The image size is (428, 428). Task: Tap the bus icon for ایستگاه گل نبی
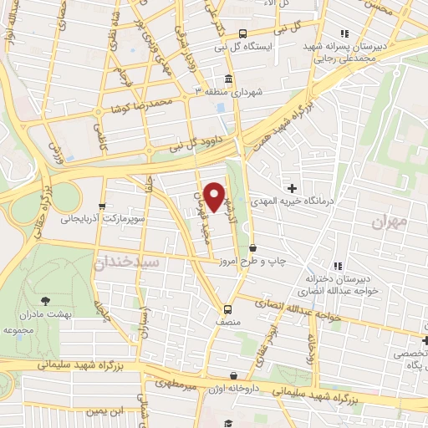click(242, 34)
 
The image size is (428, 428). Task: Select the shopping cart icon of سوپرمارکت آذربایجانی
click(102, 206)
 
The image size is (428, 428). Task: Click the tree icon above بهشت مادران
click(44, 298)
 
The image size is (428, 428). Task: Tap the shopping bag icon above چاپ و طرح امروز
click(252, 247)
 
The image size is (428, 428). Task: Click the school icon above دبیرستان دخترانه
click(335, 266)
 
